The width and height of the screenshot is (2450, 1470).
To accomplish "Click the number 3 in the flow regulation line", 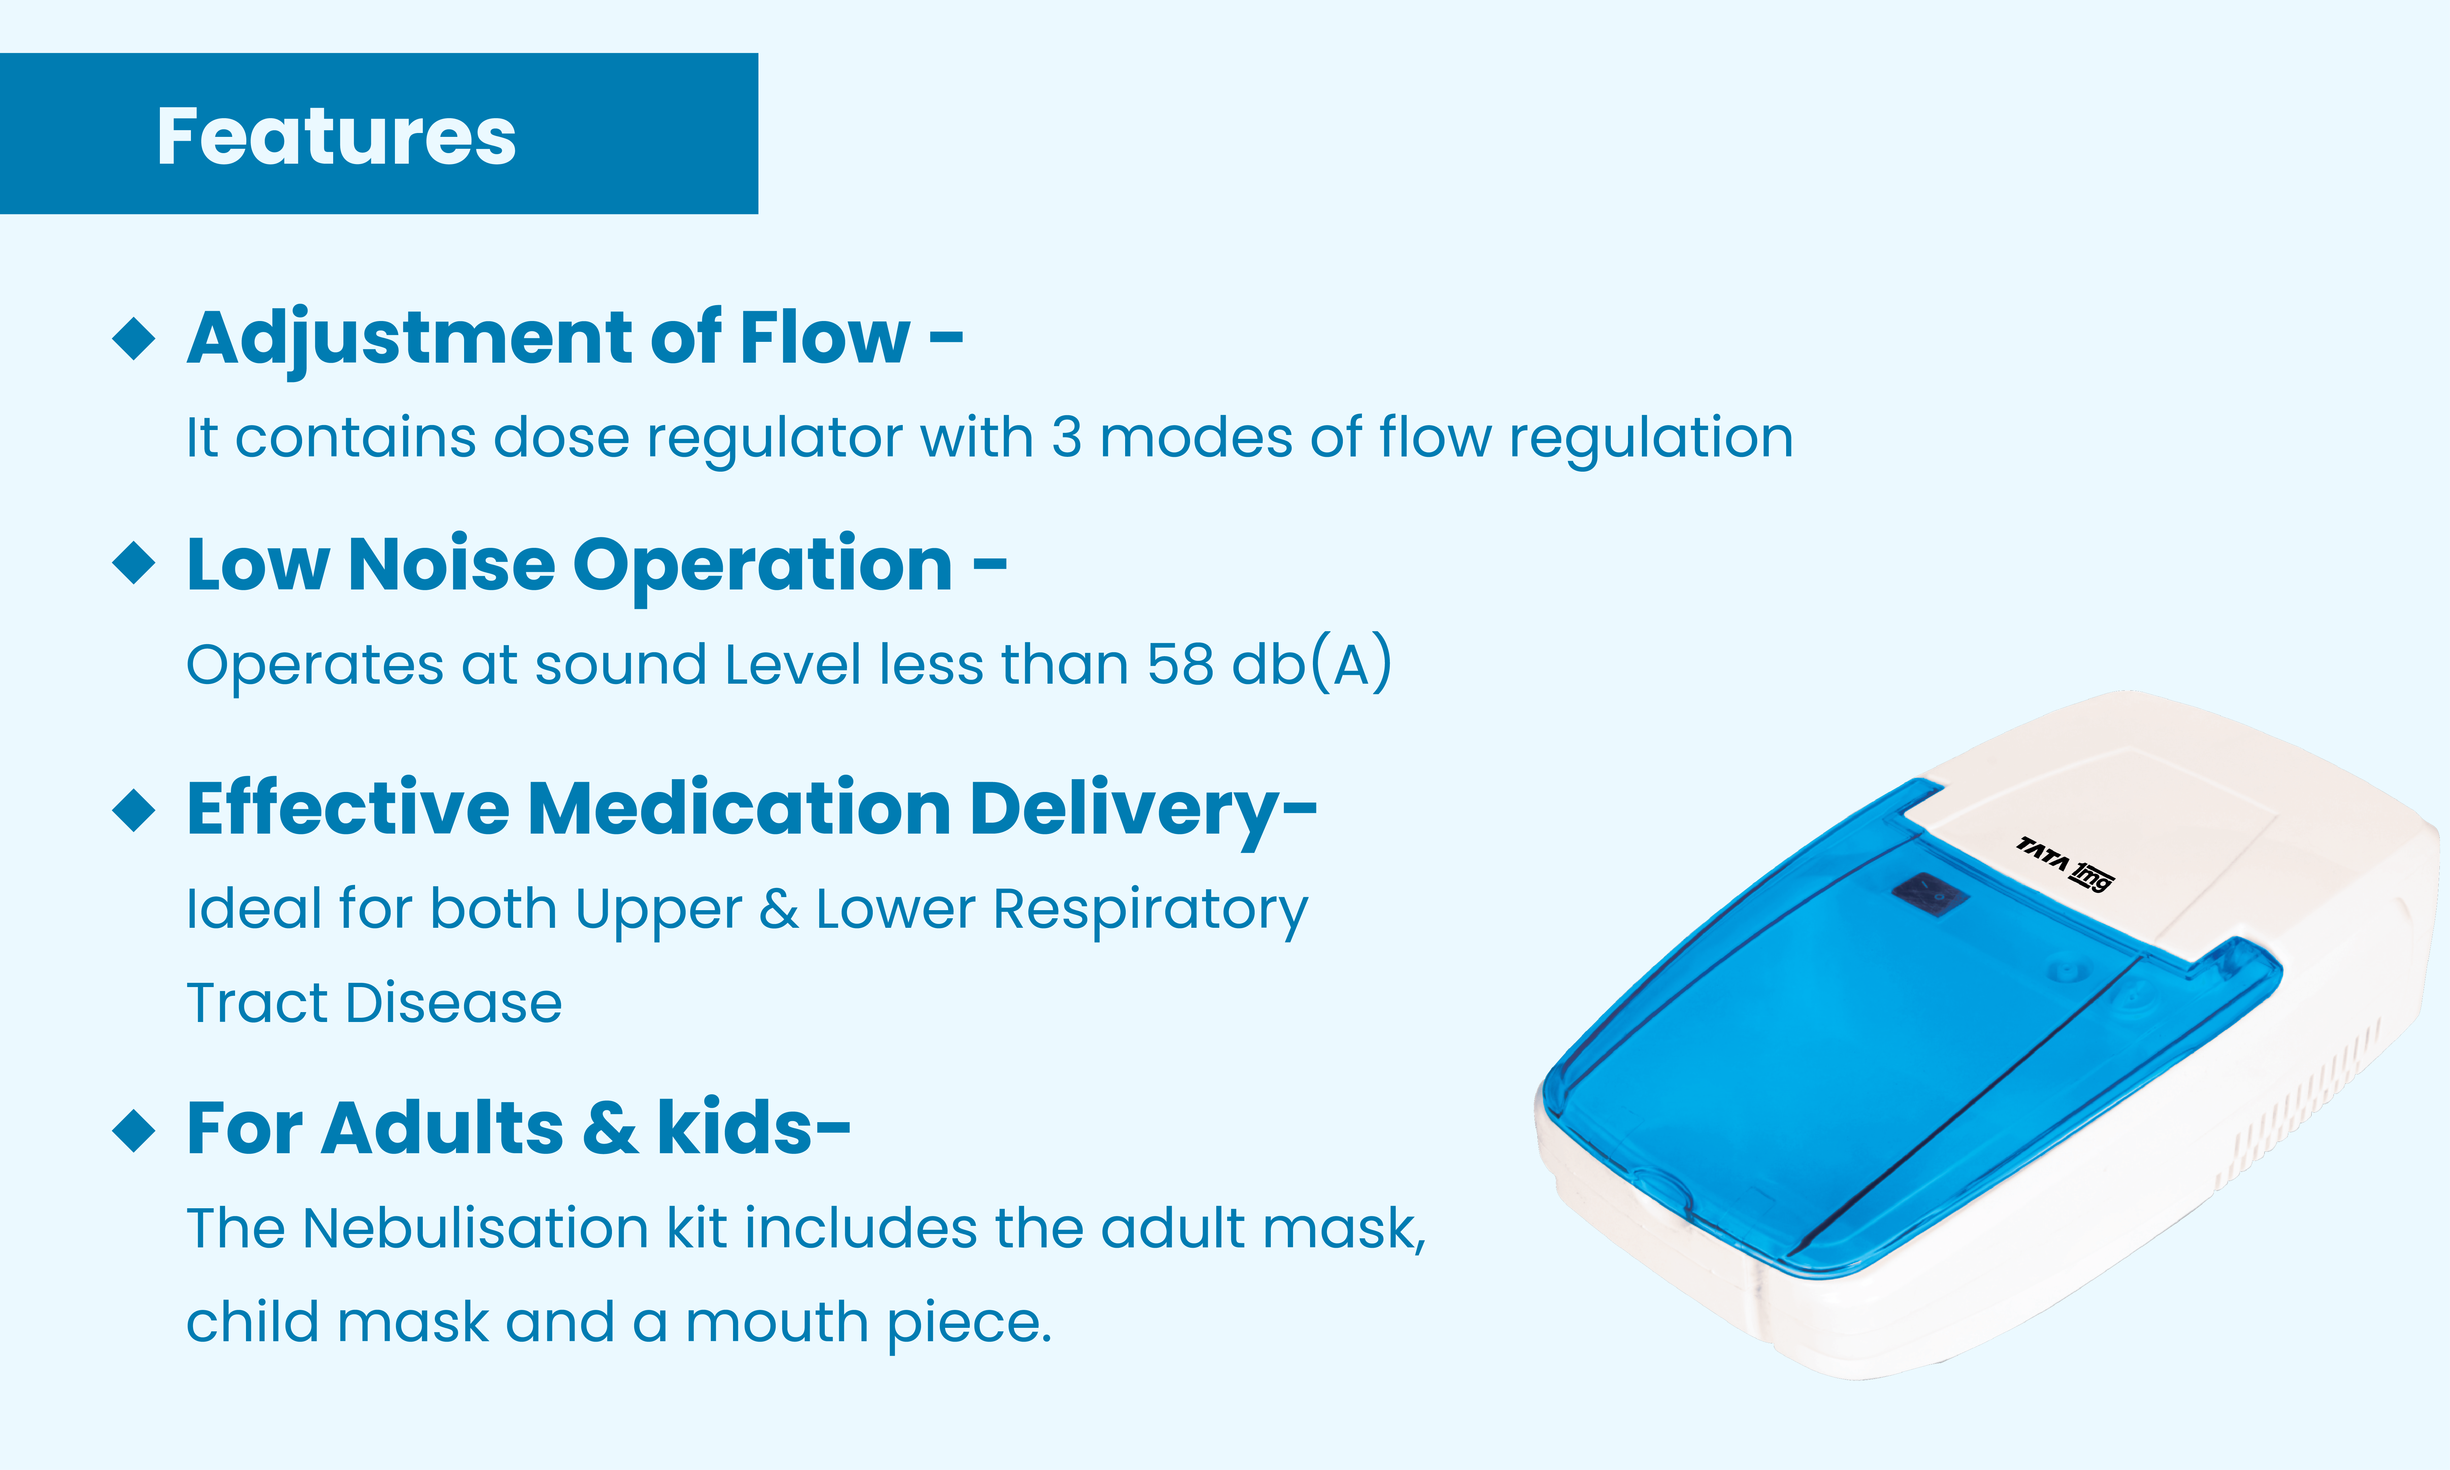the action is [x=1066, y=438].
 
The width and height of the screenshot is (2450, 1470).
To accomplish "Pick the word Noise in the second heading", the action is [x=452, y=564].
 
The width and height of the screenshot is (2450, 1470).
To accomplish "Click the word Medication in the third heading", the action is [x=739, y=808].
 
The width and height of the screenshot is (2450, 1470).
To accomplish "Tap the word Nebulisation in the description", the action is [x=475, y=1228].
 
